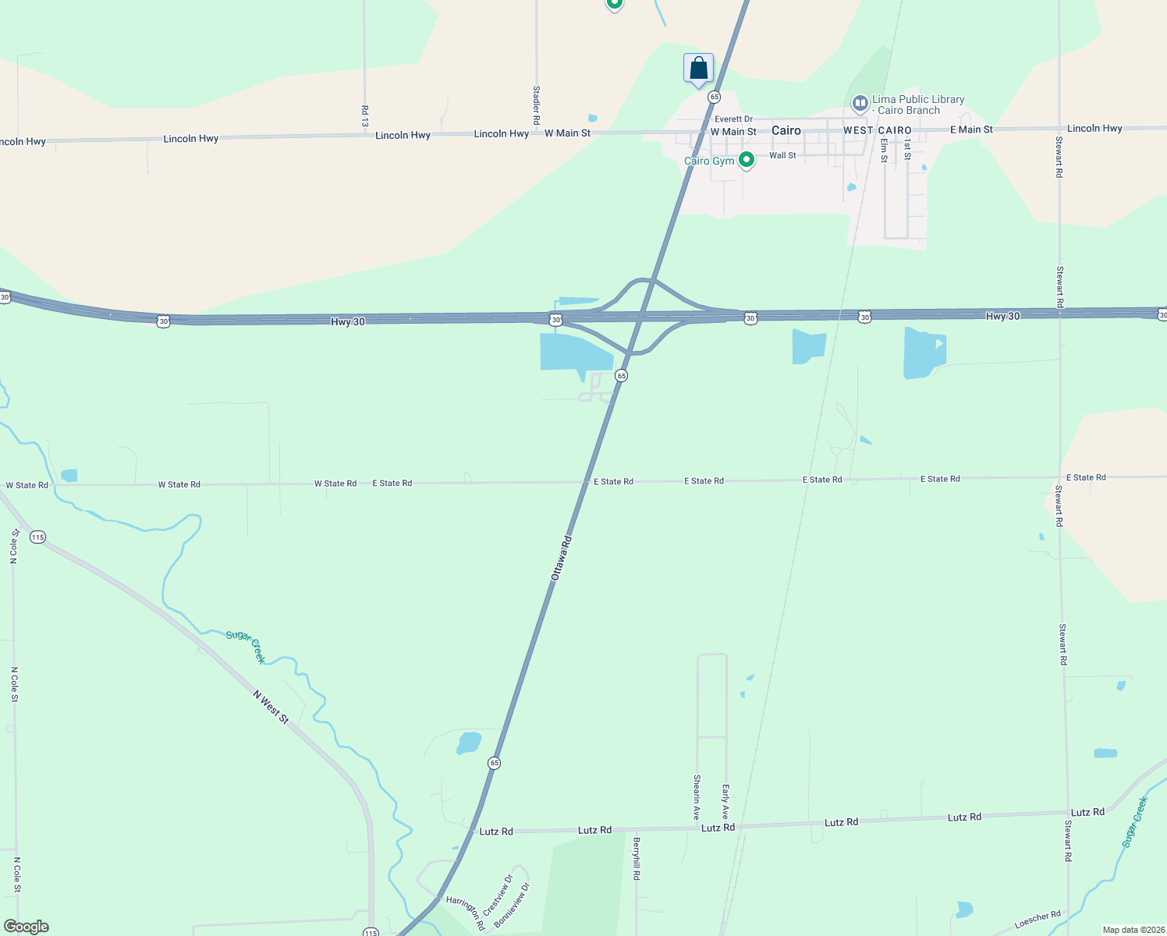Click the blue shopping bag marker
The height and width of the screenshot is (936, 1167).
pyautogui.click(x=698, y=68)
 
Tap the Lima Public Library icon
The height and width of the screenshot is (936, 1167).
pyautogui.click(x=860, y=103)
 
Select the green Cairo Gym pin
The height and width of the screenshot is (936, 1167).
pyautogui.click(x=747, y=160)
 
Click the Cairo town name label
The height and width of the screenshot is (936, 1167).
pyautogui.click(x=786, y=130)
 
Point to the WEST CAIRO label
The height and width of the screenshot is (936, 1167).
pyautogui.click(x=877, y=130)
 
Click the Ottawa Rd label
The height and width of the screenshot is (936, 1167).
pyautogui.click(x=562, y=557)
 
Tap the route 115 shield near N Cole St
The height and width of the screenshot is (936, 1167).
pyautogui.click(x=37, y=537)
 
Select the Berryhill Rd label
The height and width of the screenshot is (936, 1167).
pyautogui.click(x=637, y=859)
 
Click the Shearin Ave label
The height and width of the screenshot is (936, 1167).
pyautogui.click(x=697, y=796)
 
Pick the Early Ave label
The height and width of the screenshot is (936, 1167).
pyautogui.click(x=725, y=802)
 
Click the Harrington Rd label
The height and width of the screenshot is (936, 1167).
pyautogui.click(x=466, y=913)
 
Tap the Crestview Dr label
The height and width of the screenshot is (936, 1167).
pyautogui.click(x=498, y=895)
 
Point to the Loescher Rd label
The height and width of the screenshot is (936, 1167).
pyautogui.click(x=1038, y=920)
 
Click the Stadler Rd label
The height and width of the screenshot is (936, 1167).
pyautogui.click(x=536, y=105)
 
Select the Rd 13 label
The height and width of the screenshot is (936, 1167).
pyautogui.click(x=364, y=116)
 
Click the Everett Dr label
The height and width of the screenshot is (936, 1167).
pyautogui.click(x=733, y=119)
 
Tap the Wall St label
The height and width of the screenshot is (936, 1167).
pyautogui.click(x=782, y=155)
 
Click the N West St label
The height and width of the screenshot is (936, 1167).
pyautogui.click(x=271, y=707)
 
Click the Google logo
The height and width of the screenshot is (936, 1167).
pyautogui.click(x=27, y=927)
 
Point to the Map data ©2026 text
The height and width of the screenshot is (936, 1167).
pyautogui.click(x=1133, y=930)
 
